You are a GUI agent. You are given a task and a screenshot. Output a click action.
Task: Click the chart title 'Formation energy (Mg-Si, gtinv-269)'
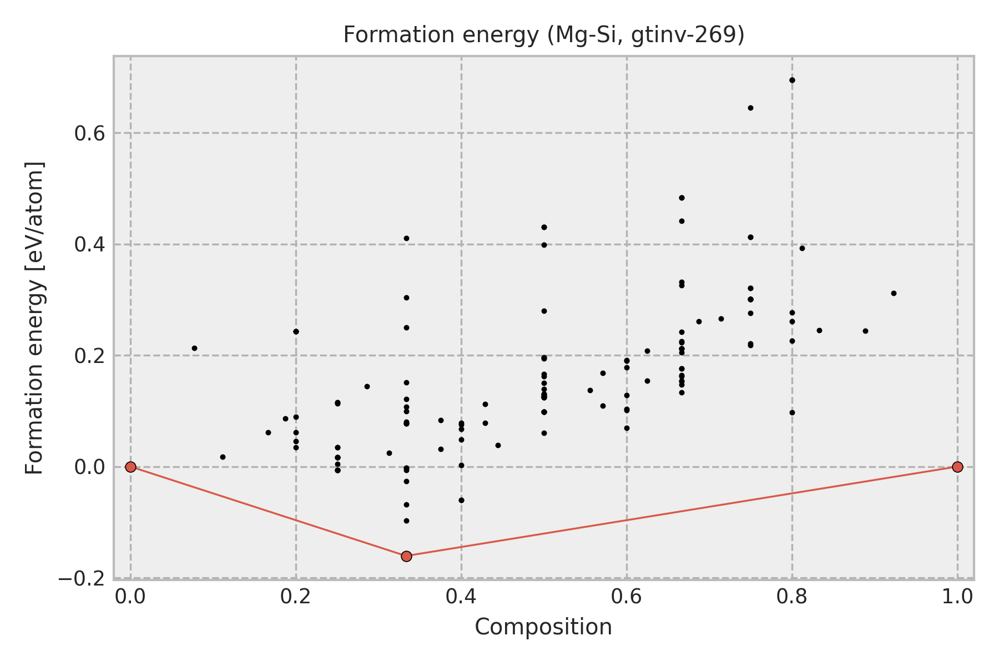click(x=543, y=35)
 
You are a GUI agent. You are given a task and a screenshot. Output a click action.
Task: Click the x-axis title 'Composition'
click(x=543, y=627)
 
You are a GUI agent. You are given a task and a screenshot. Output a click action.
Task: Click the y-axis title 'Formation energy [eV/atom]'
click(x=34, y=318)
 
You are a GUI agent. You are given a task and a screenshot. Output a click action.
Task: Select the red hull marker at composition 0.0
click(x=130, y=467)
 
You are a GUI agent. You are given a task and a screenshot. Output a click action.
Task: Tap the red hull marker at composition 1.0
click(x=957, y=467)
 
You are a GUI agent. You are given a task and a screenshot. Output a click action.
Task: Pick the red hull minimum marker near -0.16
click(x=406, y=556)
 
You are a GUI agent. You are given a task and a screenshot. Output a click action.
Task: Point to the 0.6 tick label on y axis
click(x=90, y=134)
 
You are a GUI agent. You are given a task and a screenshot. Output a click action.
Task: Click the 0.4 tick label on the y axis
click(x=90, y=245)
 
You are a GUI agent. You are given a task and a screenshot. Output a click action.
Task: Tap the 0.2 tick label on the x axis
click(x=296, y=597)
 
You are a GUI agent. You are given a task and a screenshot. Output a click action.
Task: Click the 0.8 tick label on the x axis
click(x=792, y=597)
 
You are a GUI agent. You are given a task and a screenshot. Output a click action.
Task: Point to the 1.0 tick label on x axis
click(x=957, y=597)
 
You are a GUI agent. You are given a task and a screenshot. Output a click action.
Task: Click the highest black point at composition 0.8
click(x=792, y=80)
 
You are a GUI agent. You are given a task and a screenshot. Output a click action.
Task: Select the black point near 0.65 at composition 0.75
click(x=750, y=108)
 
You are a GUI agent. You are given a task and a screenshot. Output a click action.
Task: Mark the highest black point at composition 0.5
click(x=544, y=227)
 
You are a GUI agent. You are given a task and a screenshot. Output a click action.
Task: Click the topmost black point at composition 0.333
click(x=406, y=238)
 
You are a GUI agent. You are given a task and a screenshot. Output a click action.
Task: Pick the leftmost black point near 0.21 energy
click(x=194, y=348)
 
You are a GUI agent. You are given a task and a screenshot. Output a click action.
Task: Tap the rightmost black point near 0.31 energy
click(x=894, y=293)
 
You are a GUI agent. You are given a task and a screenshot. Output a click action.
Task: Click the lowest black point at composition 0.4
click(x=461, y=500)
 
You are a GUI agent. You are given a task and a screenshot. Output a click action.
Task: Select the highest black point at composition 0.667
click(x=682, y=198)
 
